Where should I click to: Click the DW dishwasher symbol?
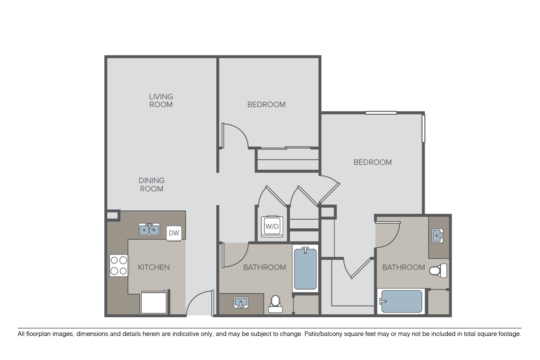click(174, 233)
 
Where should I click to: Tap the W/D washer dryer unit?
click(272, 226)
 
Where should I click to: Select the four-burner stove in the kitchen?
click(119, 265)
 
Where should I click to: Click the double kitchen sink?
click(149, 229)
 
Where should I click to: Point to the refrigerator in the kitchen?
click(154, 302)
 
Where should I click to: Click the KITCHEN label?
click(154, 267)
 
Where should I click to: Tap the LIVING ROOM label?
click(161, 100)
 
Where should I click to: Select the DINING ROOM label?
click(151, 185)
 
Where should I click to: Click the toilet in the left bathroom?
click(275, 304)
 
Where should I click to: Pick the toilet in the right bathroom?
click(438, 271)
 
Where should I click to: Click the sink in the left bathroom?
click(241, 302)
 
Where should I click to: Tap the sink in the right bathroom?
click(437, 235)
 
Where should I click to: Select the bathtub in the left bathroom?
click(305, 268)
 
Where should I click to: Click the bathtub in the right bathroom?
click(401, 301)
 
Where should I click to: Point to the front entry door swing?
click(200, 303)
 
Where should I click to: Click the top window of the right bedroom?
click(381, 113)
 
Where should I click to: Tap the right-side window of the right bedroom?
click(423, 128)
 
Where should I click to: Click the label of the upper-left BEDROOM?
click(266, 105)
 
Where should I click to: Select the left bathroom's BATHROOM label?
click(265, 267)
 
